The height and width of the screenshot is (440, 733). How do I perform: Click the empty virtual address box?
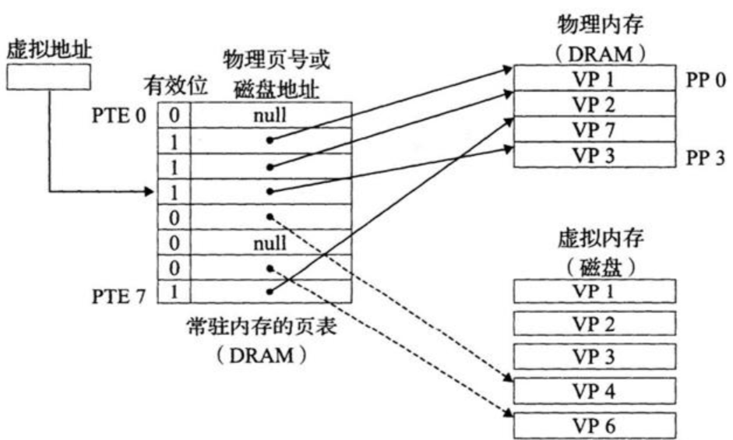coord(48,76)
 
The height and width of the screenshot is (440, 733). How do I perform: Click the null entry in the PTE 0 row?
coord(270,114)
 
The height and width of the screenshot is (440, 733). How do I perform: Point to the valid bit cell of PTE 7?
coord(174,294)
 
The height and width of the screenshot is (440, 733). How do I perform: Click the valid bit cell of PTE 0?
coord(174,114)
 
